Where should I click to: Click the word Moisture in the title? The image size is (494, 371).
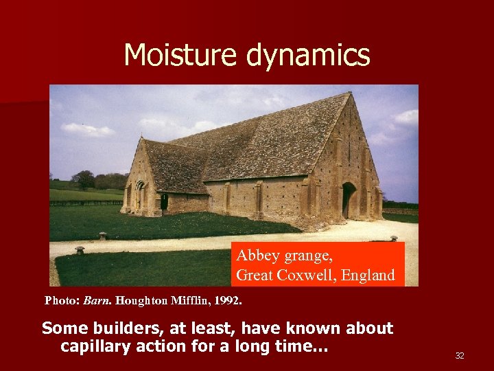(x=180, y=55)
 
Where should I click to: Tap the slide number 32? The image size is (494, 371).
(x=460, y=355)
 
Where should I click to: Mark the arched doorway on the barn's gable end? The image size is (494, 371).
(x=349, y=199)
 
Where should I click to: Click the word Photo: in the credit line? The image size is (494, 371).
(x=62, y=300)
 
